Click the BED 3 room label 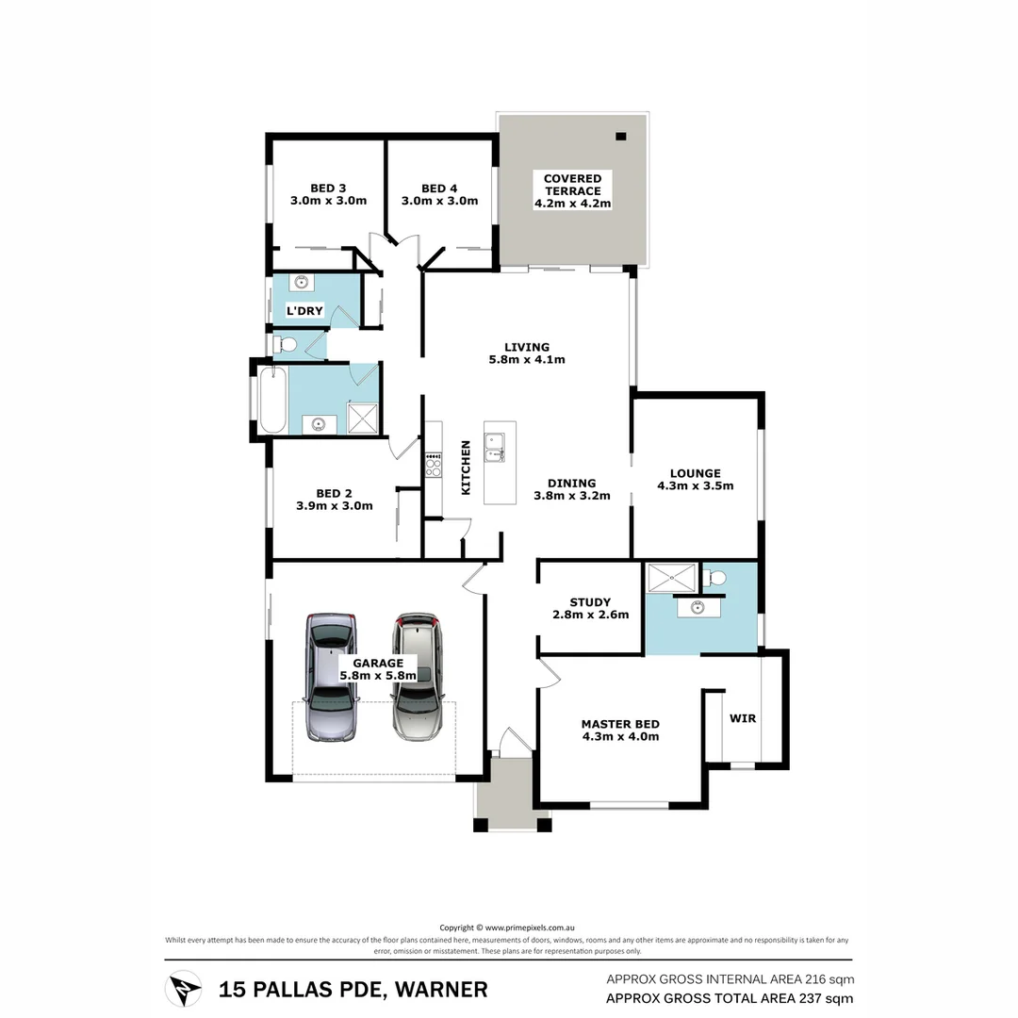coord(328,194)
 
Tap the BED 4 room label coord(439,194)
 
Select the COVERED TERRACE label coord(572,190)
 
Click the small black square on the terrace coord(620,137)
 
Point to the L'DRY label coord(304,310)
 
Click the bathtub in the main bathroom coord(272,401)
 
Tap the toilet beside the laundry coord(284,345)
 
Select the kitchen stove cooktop coord(434,467)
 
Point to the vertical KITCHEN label coord(465,468)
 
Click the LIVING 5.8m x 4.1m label coord(526,353)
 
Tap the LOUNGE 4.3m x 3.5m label coord(695,480)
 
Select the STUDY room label coord(590,608)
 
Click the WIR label coord(743,718)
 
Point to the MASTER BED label coord(619,731)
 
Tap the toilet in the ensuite coord(715,578)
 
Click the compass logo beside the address coord(183,989)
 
